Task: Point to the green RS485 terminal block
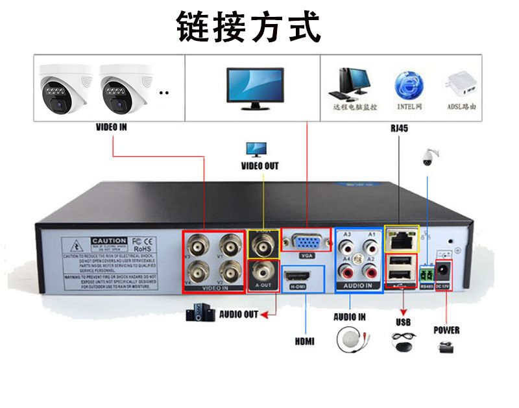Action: [426, 270]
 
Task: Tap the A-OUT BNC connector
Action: [263, 271]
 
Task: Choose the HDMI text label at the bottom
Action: [304, 341]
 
